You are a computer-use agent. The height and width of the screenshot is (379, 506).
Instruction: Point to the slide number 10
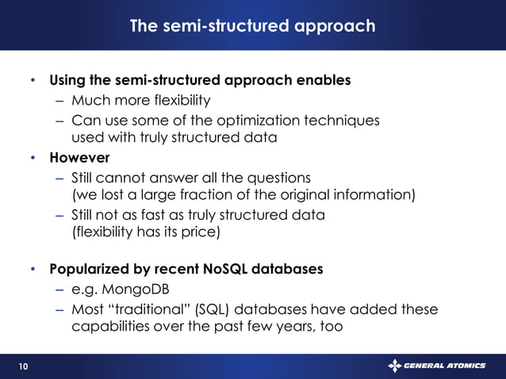tap(22, 366)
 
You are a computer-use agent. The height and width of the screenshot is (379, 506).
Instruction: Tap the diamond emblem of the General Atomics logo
tap(395, 366)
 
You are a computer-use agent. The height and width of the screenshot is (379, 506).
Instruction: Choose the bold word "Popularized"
tap(94, 269)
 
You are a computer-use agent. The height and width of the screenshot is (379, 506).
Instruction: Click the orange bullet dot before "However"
tap(33, 157)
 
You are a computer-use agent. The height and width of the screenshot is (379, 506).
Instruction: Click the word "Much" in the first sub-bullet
tap(89, 101)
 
